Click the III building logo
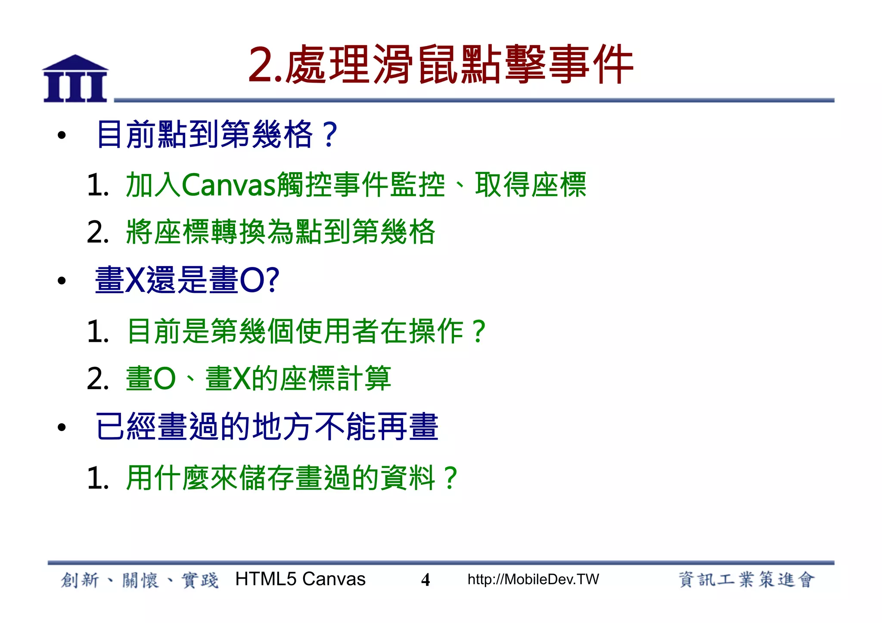(75, 79)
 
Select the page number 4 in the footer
(425, 580)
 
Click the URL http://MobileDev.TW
(533, 580)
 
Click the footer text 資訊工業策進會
(747, 580)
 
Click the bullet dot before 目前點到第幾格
(62, 135)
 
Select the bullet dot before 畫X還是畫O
(62, 281)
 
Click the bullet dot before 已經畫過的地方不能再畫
(62, 427)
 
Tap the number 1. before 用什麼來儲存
(98, 478)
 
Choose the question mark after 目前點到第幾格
(330, 135)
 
